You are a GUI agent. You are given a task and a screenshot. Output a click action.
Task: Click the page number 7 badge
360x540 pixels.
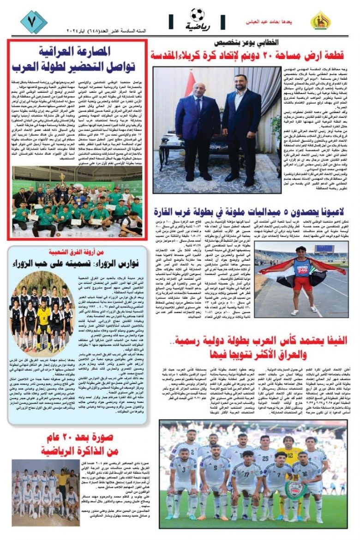[33, 21]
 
